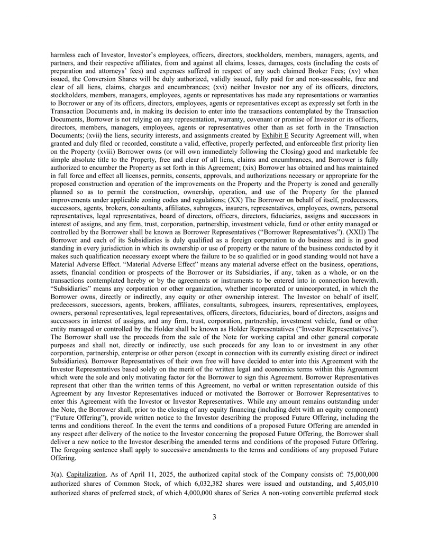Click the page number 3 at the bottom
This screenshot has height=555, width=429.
click(x=214, y=517)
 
